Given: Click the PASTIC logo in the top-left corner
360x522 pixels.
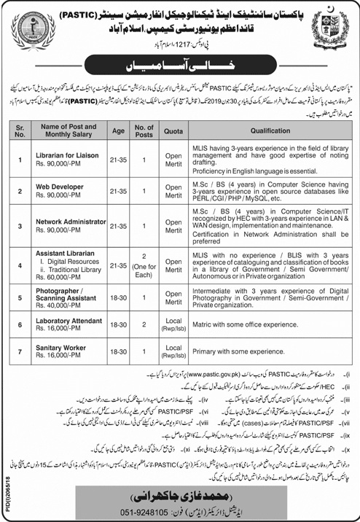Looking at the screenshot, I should [x=29, y=26].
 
